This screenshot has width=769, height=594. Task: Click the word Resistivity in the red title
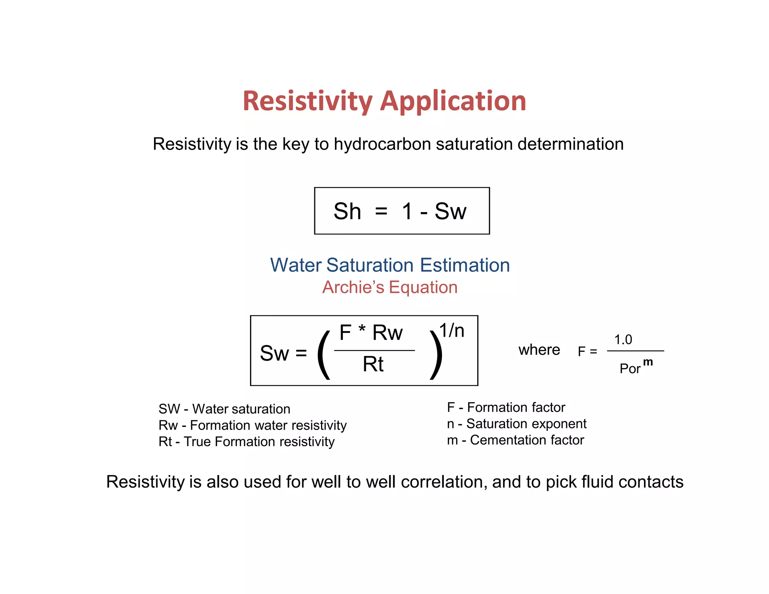[308, 101]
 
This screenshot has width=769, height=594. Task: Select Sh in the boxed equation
[347, 211]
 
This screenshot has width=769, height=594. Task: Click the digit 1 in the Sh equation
[407, 211]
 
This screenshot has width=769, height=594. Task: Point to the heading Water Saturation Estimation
[390, 265]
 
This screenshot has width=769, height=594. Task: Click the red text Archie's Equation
[390, 288]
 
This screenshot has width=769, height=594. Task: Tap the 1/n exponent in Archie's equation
[452, 330]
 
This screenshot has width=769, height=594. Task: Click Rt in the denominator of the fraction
[373, 364]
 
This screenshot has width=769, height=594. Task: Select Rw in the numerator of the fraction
[388, 333]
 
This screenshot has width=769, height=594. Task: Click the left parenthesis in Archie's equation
[324, 355]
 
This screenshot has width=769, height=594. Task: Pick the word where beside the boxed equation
[539, 350]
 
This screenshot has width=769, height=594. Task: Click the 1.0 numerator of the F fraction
[623, 340]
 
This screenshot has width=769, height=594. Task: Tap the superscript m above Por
[648, 362]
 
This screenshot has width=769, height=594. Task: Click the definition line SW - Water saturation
[225, 409]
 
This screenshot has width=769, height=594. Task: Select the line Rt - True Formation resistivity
[247, 442]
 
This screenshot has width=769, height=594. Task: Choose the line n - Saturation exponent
[517, 424]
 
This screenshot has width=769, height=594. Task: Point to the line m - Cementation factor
[516, 440]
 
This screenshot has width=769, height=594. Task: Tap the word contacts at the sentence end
[651, 482]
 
